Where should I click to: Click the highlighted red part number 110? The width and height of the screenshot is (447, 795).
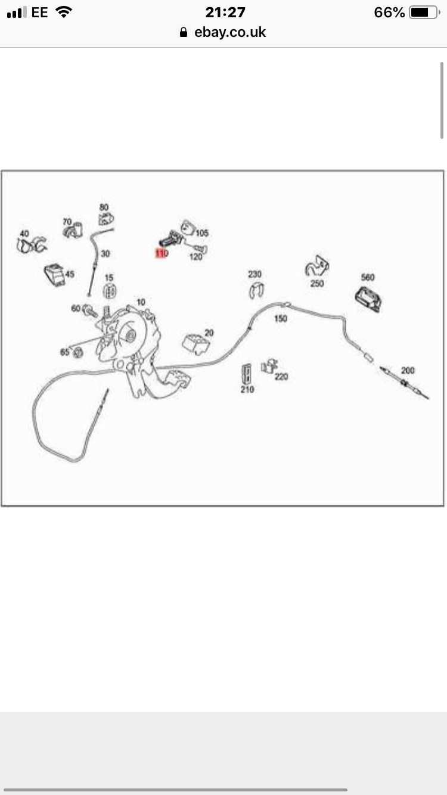[x=162, y=253]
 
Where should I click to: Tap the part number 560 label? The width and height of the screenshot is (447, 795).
[x=368, y=277]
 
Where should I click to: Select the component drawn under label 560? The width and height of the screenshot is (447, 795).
[x=368, y=299]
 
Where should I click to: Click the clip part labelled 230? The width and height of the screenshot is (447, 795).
[x=256, y=291]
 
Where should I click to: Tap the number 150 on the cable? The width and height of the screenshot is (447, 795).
[x=280, y=318]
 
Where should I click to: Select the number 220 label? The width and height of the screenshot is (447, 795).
[x=281, y=376]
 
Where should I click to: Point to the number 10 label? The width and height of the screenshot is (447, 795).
[x=140, y=302]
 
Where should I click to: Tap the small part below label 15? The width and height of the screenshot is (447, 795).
[x=109, y=291]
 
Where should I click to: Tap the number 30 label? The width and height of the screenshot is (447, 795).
[x=105, y=253]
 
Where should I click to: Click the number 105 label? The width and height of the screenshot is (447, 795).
[x=202, y=232]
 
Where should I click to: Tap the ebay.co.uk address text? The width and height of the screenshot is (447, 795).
[x=229, y=32]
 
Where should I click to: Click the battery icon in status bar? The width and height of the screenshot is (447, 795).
[x=423, y=13]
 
